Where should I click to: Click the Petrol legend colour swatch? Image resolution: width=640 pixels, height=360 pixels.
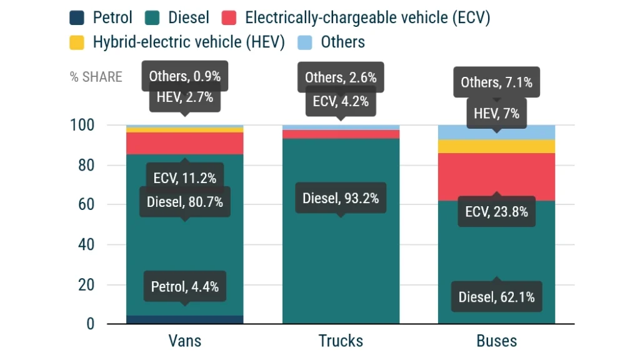coord(77,17)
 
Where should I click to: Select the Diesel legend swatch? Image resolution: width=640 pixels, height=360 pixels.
coord(152,17)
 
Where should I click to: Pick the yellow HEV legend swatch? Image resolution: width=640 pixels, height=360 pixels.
coord(77,42)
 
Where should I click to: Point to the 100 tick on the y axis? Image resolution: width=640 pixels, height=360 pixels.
coord(81,126)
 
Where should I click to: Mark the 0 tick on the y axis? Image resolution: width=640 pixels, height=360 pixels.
coord(90,324)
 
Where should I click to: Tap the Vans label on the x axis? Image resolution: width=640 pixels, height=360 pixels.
coord(185,341)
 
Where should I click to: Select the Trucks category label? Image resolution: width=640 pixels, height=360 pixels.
coord(341,341)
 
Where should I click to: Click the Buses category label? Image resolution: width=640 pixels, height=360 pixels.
coord(497,341)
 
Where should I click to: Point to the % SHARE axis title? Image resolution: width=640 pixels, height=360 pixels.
coord(96,77)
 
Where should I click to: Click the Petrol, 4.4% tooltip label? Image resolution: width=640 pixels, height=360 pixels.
coord(185,287)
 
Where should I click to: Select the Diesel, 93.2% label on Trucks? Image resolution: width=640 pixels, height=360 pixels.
coord(341,199)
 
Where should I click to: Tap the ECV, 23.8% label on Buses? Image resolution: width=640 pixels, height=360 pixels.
coord(497,212)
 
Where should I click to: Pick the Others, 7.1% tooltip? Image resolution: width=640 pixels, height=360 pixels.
coord(497,82)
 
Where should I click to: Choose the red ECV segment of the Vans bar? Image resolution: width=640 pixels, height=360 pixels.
coord(185,143)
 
